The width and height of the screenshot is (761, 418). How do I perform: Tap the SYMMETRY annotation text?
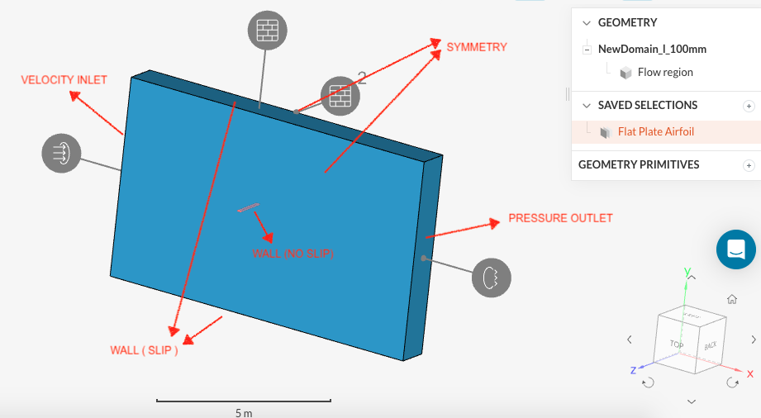(x=477, y=47)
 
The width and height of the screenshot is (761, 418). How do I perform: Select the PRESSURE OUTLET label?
(x=560, y=218)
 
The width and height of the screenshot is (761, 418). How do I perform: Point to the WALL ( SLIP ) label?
(x=144, y=350)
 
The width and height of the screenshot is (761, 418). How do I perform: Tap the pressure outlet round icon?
(x=492, y=278)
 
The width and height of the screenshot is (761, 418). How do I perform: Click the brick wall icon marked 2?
(x=340, y=96)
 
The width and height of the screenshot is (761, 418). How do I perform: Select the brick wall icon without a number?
(x=268, y=31)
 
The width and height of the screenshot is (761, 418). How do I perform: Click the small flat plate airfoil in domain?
(x=248, y=207)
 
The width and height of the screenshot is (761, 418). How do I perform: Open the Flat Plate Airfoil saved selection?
(x=658, y=131)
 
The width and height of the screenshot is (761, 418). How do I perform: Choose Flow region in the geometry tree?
(x=664, y=72)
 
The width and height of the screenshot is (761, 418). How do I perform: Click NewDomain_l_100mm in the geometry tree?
(x=652, y=49)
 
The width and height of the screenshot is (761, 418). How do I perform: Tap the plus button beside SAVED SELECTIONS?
(x=749, y=106)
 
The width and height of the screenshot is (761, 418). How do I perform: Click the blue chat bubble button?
(x=736, y=248)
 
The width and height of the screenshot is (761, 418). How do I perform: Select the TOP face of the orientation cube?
(x=677, y=344)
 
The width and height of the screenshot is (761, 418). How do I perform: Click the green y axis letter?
(x=687, y=271)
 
